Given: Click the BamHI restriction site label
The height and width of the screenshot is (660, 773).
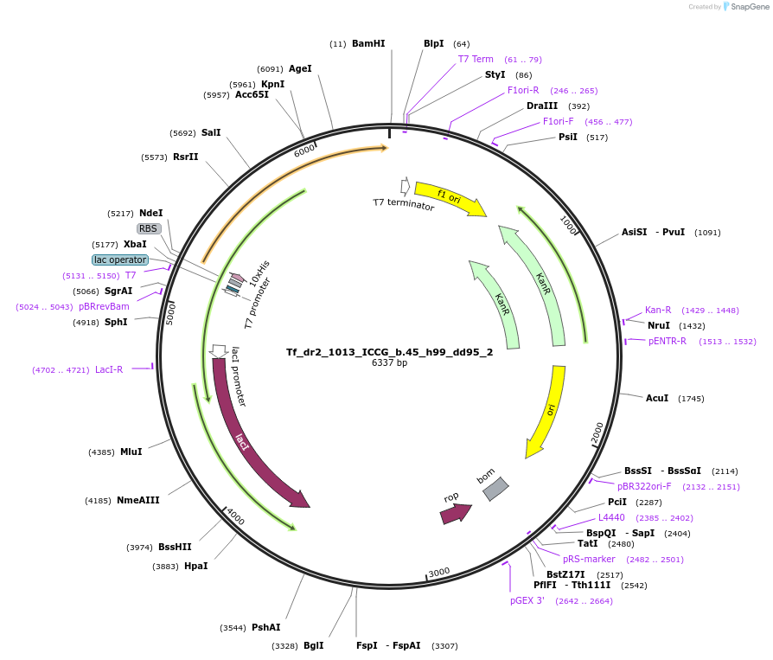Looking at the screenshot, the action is (x=368, y=43).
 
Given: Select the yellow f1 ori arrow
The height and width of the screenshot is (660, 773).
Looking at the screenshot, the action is (x=450, y=198).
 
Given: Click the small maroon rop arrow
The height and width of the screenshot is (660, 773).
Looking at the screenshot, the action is (x=456, y=514).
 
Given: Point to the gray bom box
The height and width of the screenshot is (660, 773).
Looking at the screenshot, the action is (x=495, y=489).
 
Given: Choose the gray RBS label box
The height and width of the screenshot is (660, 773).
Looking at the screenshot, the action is (x=149, y=228).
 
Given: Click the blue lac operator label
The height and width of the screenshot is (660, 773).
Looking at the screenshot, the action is (x=120, y=260).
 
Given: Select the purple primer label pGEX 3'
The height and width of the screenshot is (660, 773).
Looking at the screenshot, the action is (x=527, y=601).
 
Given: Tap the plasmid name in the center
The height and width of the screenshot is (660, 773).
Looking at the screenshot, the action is (x=389, y=352).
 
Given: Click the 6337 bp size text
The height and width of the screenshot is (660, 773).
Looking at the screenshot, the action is (x=389, y=362).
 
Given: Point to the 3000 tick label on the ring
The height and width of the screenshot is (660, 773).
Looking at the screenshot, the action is (x=438, y=572).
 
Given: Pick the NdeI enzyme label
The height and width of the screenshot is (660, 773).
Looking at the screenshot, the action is (x=150, y=213).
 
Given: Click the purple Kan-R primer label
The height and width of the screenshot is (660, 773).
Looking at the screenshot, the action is (x=658, y=310).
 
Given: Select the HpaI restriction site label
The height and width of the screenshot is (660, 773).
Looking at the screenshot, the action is (x=195, y=566).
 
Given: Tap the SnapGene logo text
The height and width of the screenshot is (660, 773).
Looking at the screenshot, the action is (x=750, y=6).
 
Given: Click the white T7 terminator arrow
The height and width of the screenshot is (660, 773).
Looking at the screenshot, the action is (x=406, y=187).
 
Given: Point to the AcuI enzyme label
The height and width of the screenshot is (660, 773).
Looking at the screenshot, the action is (x=657, y=398).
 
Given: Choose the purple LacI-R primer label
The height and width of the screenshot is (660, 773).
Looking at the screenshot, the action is (x=109, y=369).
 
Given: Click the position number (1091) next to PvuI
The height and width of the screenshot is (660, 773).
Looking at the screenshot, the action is (x=707, y=233).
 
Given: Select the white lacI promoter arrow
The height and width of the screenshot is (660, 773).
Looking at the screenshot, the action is (x=218, y=351).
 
